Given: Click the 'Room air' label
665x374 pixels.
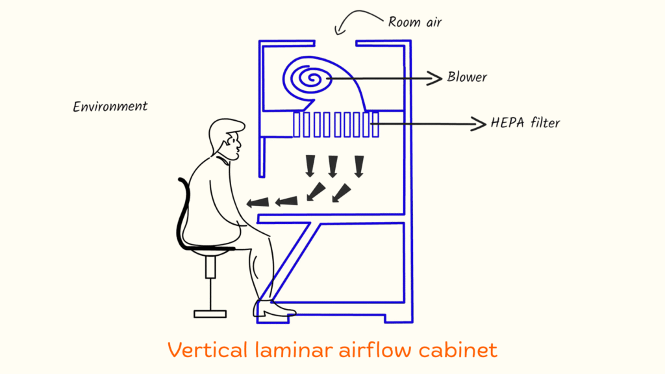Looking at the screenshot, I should click(x=416, y=21).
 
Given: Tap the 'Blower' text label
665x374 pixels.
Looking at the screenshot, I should click(x=466, y=77).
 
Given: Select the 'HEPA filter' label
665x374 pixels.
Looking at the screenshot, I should click(x=525, y=123).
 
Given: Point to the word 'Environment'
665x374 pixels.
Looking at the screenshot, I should click(x=110, y=106).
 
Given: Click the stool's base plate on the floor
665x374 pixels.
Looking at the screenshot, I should click(x=210, y=314).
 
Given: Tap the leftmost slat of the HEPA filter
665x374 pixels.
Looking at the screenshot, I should click(x=297, y=124).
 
